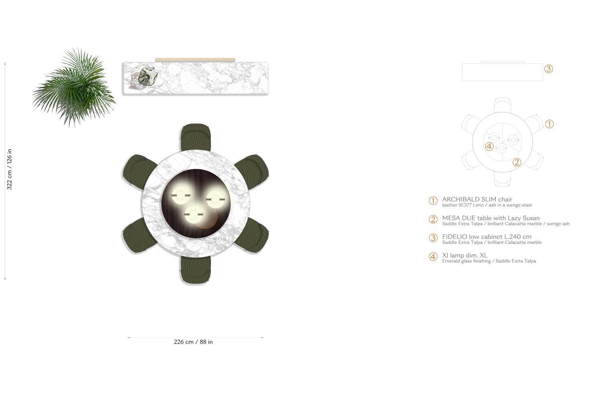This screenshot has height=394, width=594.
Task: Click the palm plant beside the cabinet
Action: pos(74,88)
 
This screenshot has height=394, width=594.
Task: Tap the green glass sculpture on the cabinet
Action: pos(148,77)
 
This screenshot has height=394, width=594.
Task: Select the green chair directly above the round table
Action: pos(196,137)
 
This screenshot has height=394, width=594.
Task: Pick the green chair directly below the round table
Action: pos(196,270)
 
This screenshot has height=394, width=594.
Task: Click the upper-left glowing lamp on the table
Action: pos(181,195)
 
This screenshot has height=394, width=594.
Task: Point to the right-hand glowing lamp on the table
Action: pos(215,199)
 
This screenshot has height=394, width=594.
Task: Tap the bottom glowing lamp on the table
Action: pos(194,214)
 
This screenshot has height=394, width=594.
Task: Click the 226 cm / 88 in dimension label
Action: pos(193,342)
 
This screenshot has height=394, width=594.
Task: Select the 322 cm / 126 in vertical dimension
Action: pos(9,169)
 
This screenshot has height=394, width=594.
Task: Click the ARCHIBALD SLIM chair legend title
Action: pos(477,199)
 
